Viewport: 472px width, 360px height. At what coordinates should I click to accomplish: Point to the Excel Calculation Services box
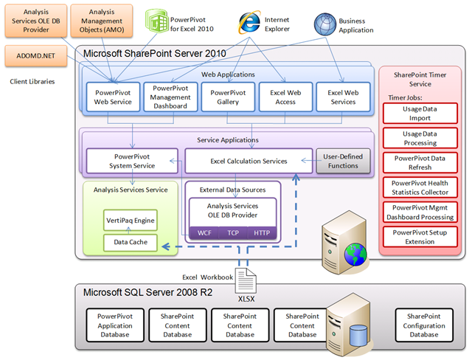(248, 161)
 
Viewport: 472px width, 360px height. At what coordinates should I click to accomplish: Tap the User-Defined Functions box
(341, 161)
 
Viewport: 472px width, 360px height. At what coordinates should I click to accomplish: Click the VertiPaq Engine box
(130, 220)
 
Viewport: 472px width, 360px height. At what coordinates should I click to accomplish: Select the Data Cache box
(130, 241)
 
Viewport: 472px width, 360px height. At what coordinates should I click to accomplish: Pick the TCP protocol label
(232, 232)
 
